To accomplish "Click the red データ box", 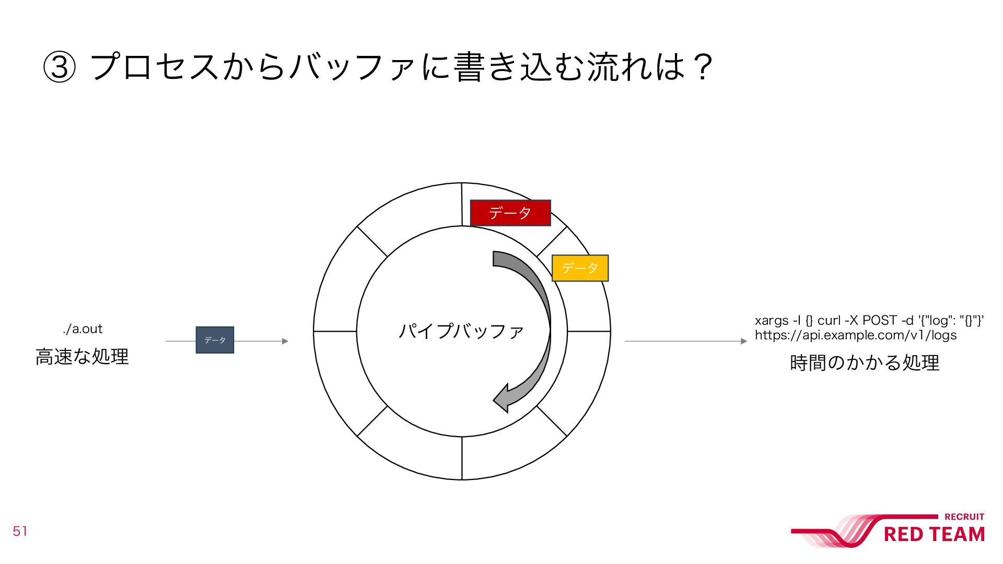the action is pos(510,213).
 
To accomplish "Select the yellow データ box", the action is pos(580,268).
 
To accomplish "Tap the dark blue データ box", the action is pos(215,340).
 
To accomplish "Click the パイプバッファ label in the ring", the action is pos(461,331).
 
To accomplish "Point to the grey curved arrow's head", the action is pos(503,399).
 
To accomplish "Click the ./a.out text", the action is pos(83,329).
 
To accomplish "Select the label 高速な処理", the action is pos(82,357).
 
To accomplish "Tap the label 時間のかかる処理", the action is pos(865,362).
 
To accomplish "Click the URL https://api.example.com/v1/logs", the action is pos(856,335).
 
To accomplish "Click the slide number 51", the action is pos(20,532).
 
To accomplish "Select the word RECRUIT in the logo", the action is pos(964,517).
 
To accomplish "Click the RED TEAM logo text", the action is pos(934,535).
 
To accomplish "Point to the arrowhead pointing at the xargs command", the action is pos(744,341).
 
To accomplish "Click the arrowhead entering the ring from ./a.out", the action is pos(285,341).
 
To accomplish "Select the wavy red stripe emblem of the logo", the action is pos(836,532).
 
